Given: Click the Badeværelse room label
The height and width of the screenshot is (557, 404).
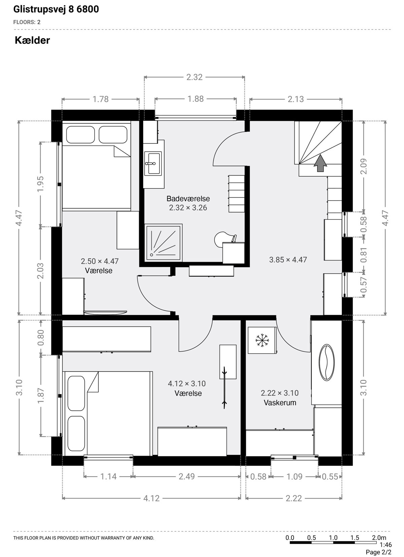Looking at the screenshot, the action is tap(188, 199).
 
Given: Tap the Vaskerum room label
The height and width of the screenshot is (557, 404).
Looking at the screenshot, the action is tap(280, 403).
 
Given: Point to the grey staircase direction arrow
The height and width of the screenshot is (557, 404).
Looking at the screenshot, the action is tap(320, 163).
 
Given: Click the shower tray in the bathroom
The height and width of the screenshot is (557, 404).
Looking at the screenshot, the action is tap(163, 242).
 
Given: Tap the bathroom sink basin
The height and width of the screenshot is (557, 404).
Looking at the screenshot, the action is tap(154, 163).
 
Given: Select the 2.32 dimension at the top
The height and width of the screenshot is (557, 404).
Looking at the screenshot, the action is tap(195, 77).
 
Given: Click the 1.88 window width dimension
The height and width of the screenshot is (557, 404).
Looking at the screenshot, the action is tap(196, 99).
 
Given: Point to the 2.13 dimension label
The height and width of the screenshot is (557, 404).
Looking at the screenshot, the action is tap(296, 99).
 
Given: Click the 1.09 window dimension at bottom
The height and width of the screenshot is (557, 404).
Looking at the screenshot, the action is tap(295, 477).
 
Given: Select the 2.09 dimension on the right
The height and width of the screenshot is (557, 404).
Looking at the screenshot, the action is tap(364, 166).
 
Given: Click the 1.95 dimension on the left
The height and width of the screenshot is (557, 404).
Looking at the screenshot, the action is tap(40, 184).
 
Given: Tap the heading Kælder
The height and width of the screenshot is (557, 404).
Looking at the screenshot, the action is tap(32, 40).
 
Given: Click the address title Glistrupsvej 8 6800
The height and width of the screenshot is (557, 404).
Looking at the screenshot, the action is tap(56, 9).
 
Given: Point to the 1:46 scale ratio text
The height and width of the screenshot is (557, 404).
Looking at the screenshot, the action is tap(385, 545).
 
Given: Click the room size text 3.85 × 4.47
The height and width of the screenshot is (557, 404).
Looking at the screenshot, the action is tap(288, 260).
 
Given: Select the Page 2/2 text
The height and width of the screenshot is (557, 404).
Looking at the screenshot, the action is tap(378, 552).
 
